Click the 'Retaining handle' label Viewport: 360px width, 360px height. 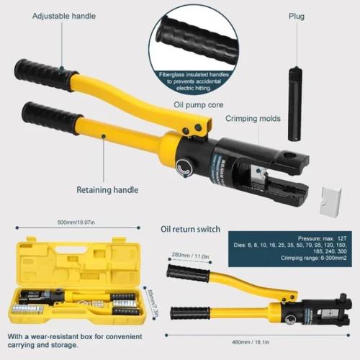[x=109, y=191]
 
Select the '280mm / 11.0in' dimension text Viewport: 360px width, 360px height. [x=190, y=255]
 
